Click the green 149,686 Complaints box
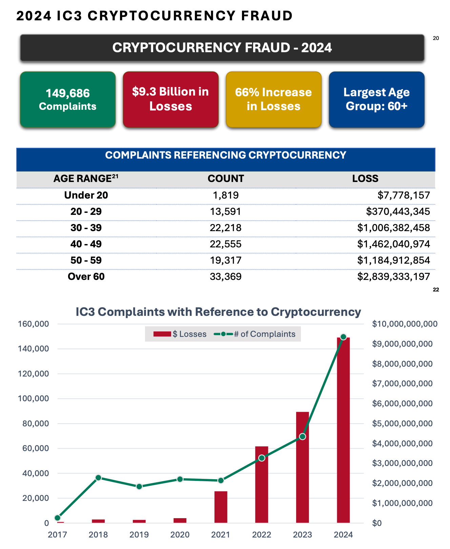[x=68, y=99]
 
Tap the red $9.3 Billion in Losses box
[x=170, y=99]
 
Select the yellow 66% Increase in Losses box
[x=273, y=99]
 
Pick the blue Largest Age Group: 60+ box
[x=376, y=99]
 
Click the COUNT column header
[x=226, y=179]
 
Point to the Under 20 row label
[x=86, y=195]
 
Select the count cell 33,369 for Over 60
[x=226, y=277]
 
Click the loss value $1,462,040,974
[x=393, y=244]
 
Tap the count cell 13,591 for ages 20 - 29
[x=226, y=211]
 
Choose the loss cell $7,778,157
[x=404, y=195]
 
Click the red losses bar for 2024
[x=343, y=430]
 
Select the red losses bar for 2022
[x=262, y=485]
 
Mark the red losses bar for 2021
[x=221, y=507]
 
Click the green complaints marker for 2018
[x=98, y=477]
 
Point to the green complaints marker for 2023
[x=303, y=436]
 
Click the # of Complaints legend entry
[x=255, y=334]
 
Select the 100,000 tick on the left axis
[x=33, y=399]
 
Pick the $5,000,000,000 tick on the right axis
[x=402, y=424]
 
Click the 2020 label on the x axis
[x=180, y=535]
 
